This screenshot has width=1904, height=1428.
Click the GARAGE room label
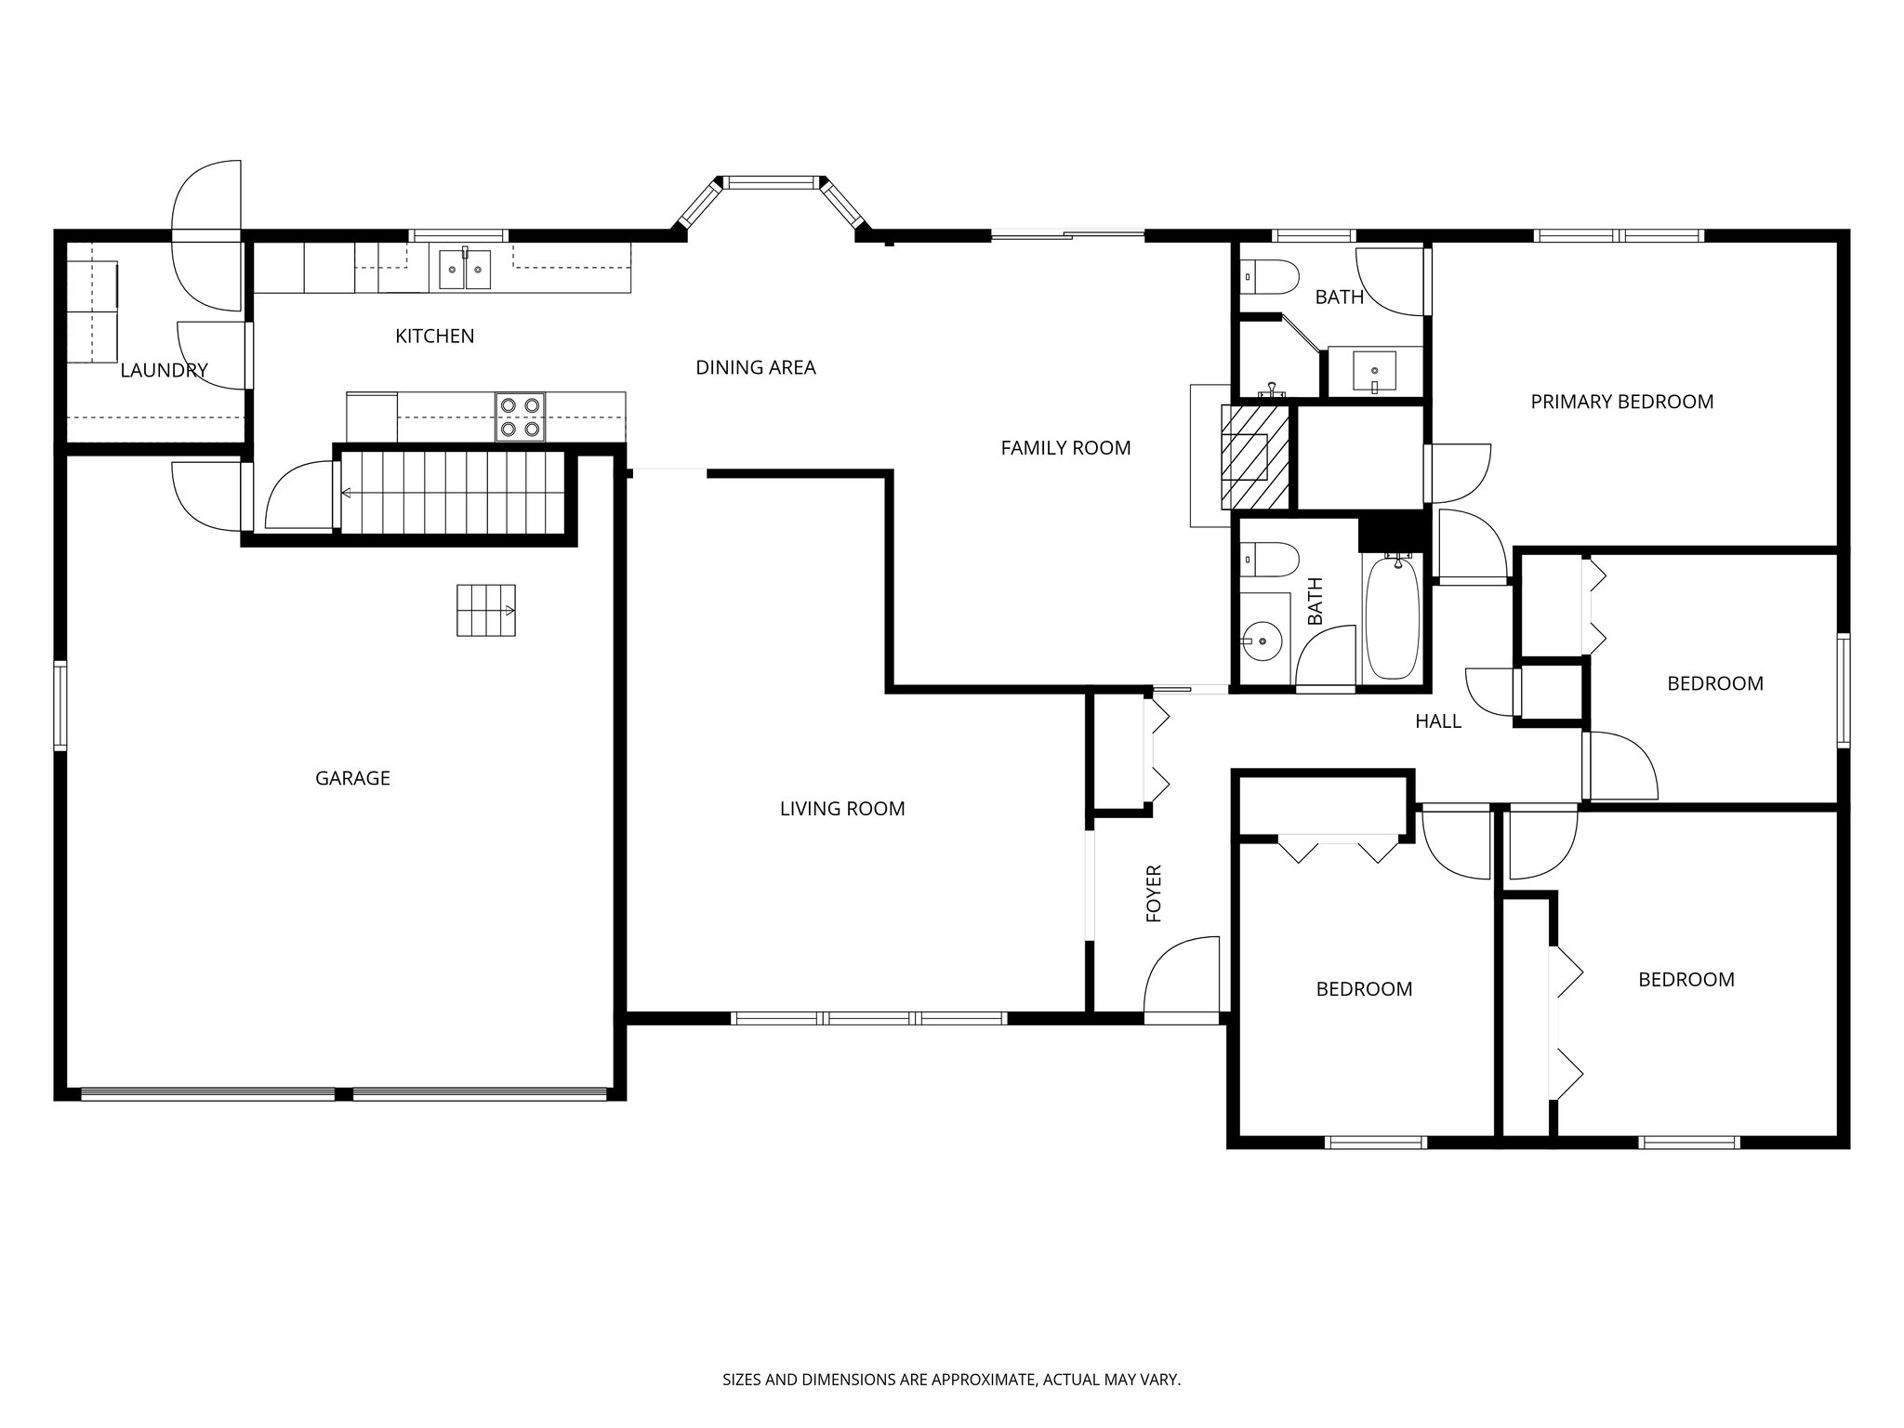(352, 778)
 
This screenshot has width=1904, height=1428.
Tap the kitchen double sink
(465, 269)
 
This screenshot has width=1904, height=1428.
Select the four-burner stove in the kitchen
(520, 416)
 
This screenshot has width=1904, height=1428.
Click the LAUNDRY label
(164, 371)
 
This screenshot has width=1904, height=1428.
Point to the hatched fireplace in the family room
(1255, 456)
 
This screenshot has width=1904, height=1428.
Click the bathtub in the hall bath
(1391, 617)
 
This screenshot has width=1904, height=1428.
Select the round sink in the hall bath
(1263, 641)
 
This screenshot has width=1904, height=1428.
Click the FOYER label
(1154, 893)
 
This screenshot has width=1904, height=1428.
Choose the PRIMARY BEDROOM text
(1621, 402)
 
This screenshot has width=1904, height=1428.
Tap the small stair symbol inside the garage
(485, 610)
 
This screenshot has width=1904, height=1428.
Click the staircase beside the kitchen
(452, 493)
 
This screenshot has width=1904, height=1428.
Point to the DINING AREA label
(755, 367)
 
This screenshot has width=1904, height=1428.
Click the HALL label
(1437, 721)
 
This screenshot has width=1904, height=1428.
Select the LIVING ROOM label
(841, 809)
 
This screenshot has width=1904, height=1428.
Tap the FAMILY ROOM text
(1065, 448)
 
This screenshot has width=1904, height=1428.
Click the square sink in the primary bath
(1374, 371)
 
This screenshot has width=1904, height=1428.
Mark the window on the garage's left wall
(59, 705)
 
